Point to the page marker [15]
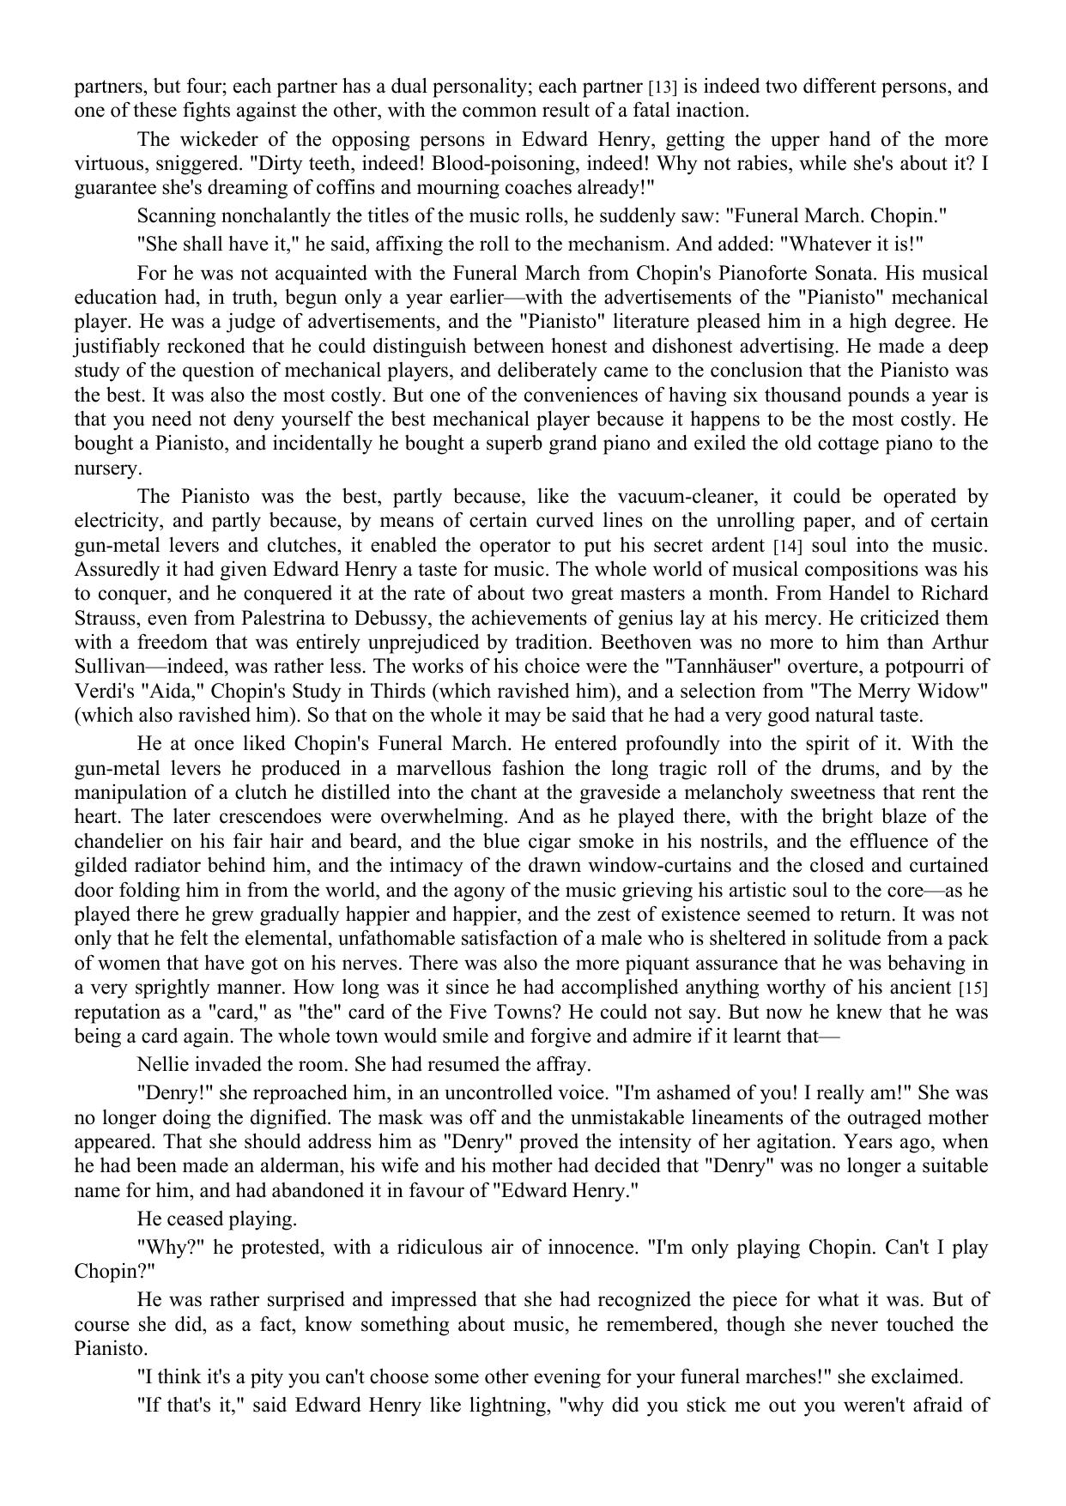pos(973,988)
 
